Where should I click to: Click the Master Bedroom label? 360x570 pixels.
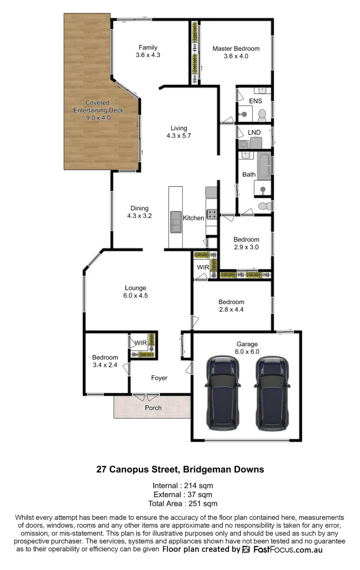coord(235,49)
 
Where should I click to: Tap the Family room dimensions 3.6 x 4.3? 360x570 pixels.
coord(148,55)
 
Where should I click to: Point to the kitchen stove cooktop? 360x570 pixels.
coord(212,214)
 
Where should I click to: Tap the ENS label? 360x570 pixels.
coord(255,101)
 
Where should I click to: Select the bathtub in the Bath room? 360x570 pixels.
coord(263,164)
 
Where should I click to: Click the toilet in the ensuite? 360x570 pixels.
coord(262,113)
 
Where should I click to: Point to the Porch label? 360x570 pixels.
coord(154,408)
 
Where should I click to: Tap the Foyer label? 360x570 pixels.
coord(159,378)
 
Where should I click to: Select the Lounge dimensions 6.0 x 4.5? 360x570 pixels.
coord(136,296)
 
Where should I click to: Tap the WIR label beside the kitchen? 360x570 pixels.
coord(203,268)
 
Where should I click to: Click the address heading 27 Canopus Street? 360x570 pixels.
coord(179,469)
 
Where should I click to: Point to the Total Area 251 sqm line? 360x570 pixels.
coord(180,503)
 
